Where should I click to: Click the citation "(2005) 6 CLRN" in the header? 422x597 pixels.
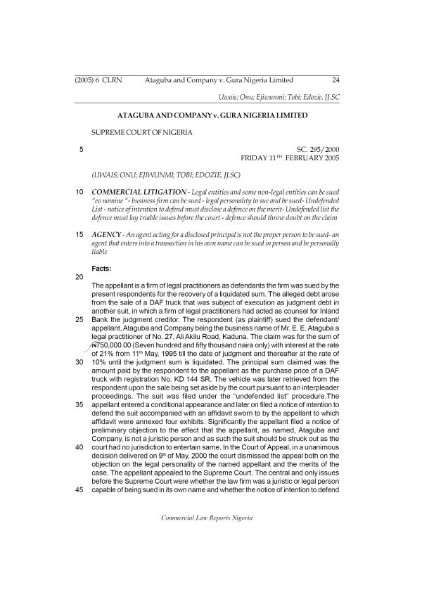pos(98,81)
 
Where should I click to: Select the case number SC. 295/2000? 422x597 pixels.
pos(319,149)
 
